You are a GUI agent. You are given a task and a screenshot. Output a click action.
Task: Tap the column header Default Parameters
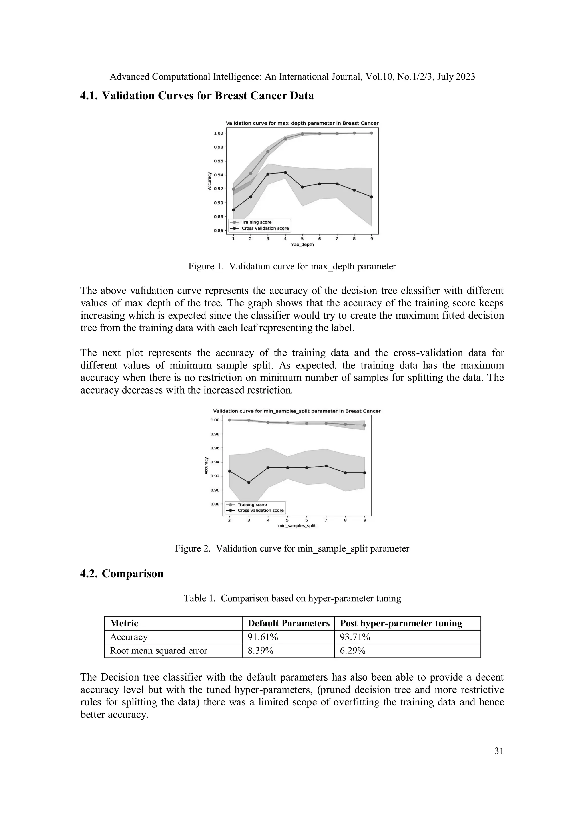coord(288,623)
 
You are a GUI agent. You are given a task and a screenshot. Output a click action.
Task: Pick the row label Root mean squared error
coord(158,651)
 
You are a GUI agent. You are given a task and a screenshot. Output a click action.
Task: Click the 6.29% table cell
coord(352,651)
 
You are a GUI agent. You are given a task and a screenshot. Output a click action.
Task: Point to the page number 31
coord(499,751)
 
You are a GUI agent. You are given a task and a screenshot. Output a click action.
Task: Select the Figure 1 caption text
coord(292,266)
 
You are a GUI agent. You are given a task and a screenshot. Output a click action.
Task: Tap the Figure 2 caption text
coord(292,548)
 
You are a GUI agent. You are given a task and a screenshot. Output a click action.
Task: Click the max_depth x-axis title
coord(302,245)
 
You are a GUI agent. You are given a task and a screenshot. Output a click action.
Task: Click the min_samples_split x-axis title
coord(297,526)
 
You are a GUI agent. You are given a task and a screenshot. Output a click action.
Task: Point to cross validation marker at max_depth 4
coord(285,172)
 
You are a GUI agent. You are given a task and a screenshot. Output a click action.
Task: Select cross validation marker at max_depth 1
coord(233,210)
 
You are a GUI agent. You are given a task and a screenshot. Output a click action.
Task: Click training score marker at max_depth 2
coord(251,173)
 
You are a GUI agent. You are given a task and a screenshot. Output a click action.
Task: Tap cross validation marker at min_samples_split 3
coord(249,482)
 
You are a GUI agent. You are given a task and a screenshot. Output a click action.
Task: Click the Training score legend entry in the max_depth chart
coord(256,222)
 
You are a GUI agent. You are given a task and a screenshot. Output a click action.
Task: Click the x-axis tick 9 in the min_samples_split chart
coord(365,520)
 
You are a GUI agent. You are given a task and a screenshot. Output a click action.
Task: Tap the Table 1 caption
coord(292,598)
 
